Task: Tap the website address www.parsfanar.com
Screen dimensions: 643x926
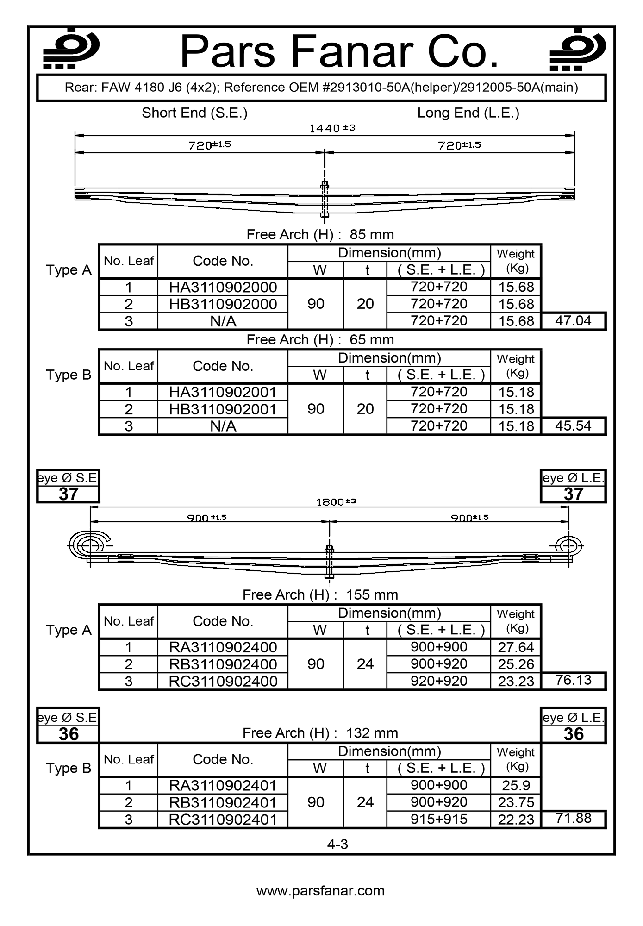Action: pyautogui.click(x=320, y=891)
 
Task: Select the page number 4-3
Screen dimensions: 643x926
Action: pyautogui.click(x=337, y=844)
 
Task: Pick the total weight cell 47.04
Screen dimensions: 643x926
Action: pyautogui.click(x=573, y=320)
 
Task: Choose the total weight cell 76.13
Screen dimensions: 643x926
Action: pyautogui.click(x=573, y=680)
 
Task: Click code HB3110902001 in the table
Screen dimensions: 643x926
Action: pyautogui.click(x=223, y=409)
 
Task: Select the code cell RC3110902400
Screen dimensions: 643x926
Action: pyautogui.click(x=223, y=681)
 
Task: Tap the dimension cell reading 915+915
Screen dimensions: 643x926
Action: pyautogui.click(x=439, y=819)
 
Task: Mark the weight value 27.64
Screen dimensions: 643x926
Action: pyautogui.click(x=516, y=647)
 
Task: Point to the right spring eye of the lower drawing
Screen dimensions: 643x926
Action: pyautogui.click(x=569, y=546)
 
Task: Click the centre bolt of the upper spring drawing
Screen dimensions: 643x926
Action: pyautogui.click(x=325, y=199)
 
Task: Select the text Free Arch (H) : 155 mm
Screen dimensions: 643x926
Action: pyautogui.click(x=320, y=594)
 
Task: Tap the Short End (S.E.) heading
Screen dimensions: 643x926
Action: pyautogui.click(x=194, y=113)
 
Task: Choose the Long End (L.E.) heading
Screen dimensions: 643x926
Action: pyautogui.click(x=468, y=113)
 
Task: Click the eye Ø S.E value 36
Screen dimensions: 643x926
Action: pyautogui.click(x=69, y=734)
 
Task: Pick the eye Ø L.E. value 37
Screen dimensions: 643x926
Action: pyautogui.click(x=573, y=494)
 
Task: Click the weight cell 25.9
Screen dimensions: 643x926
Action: pyautogui.click(x=516, y=785)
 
